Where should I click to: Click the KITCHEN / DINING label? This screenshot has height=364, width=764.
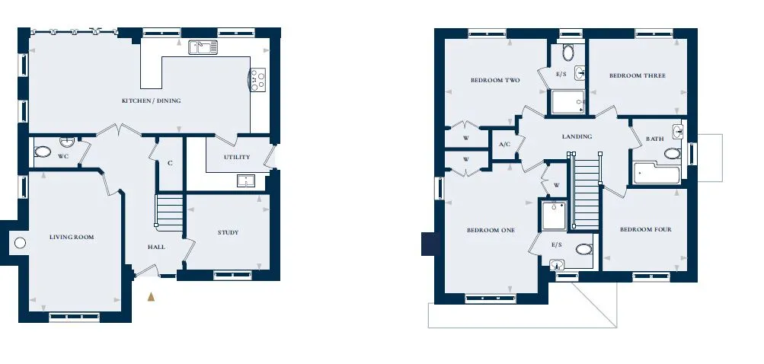click(x=151, y=101)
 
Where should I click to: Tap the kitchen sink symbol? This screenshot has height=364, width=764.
click(x=203, y=47)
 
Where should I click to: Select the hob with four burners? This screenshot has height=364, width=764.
click(x=257, y=79)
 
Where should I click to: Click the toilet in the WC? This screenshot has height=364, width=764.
click(x=43, y=152)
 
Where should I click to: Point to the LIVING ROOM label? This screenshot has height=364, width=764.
click(x=72, y=238)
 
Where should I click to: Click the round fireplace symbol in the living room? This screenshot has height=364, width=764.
click(x=20, y=242)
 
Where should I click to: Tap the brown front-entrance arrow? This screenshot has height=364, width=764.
click(x=151, y=296)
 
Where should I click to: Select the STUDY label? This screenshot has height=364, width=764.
click(x=228, y=232)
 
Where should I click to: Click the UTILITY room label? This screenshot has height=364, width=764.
click(x=237, y=157)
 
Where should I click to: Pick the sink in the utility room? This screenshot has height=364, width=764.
click(x=247, y=180)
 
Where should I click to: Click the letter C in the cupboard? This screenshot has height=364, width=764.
click(x=170, y=164)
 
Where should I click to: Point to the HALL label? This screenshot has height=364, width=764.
click(x=156, y=247)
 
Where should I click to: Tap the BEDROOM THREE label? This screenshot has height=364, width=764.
click(x=638, y=75)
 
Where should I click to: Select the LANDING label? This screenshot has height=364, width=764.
click(x=577, y=136)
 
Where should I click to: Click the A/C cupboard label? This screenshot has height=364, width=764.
click(x=504, y=145)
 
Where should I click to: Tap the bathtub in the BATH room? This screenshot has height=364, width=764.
click(x=657, y=174)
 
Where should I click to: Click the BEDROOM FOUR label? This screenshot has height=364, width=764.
click(x=646, y=229)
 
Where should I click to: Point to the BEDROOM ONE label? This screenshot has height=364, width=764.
click(x=491, y=231)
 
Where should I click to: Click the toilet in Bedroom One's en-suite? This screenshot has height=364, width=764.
click(x=583, y=250)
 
